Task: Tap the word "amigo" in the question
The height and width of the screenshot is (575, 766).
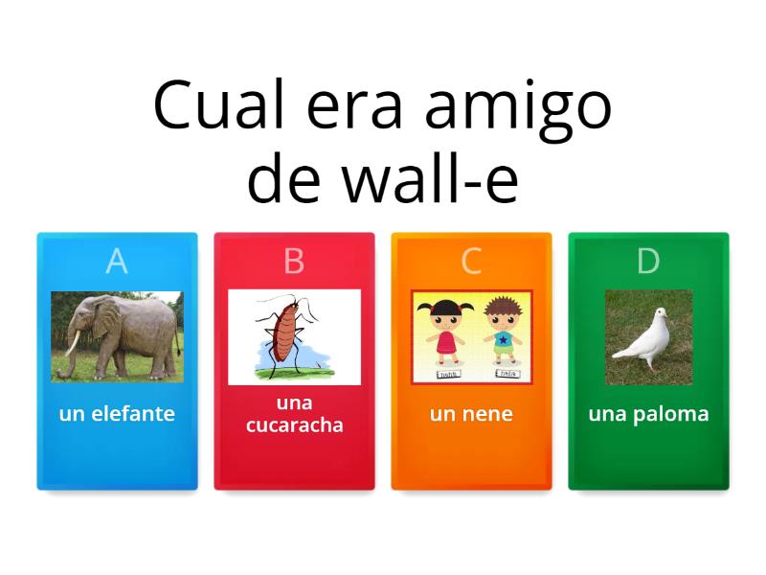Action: (518, 107)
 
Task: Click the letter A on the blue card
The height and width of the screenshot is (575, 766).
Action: (117, 261)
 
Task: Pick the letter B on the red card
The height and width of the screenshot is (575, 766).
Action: (294, 261)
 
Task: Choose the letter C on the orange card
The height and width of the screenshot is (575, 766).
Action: (471, 261)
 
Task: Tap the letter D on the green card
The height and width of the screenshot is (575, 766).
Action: (648, 261)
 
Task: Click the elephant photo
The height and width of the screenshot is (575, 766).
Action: (117, 336)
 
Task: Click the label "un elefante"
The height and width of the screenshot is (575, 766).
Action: (117, 414)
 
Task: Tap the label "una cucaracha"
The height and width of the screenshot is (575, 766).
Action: (294, 414)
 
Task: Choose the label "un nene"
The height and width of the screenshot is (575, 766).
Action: (471, 414)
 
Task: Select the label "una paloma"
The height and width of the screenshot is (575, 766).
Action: (648, 414)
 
